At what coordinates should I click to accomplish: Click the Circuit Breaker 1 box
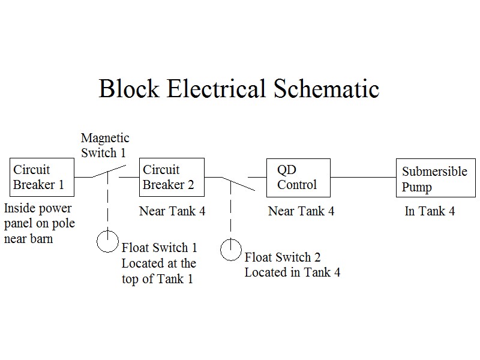tap(41, 177)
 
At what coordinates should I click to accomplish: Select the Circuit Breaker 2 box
tap(172, 177)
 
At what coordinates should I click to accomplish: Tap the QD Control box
tap(298, 177)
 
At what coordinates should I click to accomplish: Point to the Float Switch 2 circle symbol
tap(230, 250)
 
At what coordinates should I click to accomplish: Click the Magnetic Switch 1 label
tap(104, 146)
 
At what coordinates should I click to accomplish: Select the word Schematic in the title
tap(326, 89)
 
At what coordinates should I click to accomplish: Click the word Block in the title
tap(129, 89)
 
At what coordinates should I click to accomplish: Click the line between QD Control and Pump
tap(363, 177)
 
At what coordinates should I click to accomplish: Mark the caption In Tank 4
tap(430, 211)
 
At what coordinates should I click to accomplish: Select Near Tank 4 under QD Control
tap(301, 211)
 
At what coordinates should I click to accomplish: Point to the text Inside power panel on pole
tap(37, 216)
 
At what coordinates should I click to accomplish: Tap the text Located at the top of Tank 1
tap(158, 271)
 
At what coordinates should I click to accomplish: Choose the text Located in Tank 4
tap(292, 272)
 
